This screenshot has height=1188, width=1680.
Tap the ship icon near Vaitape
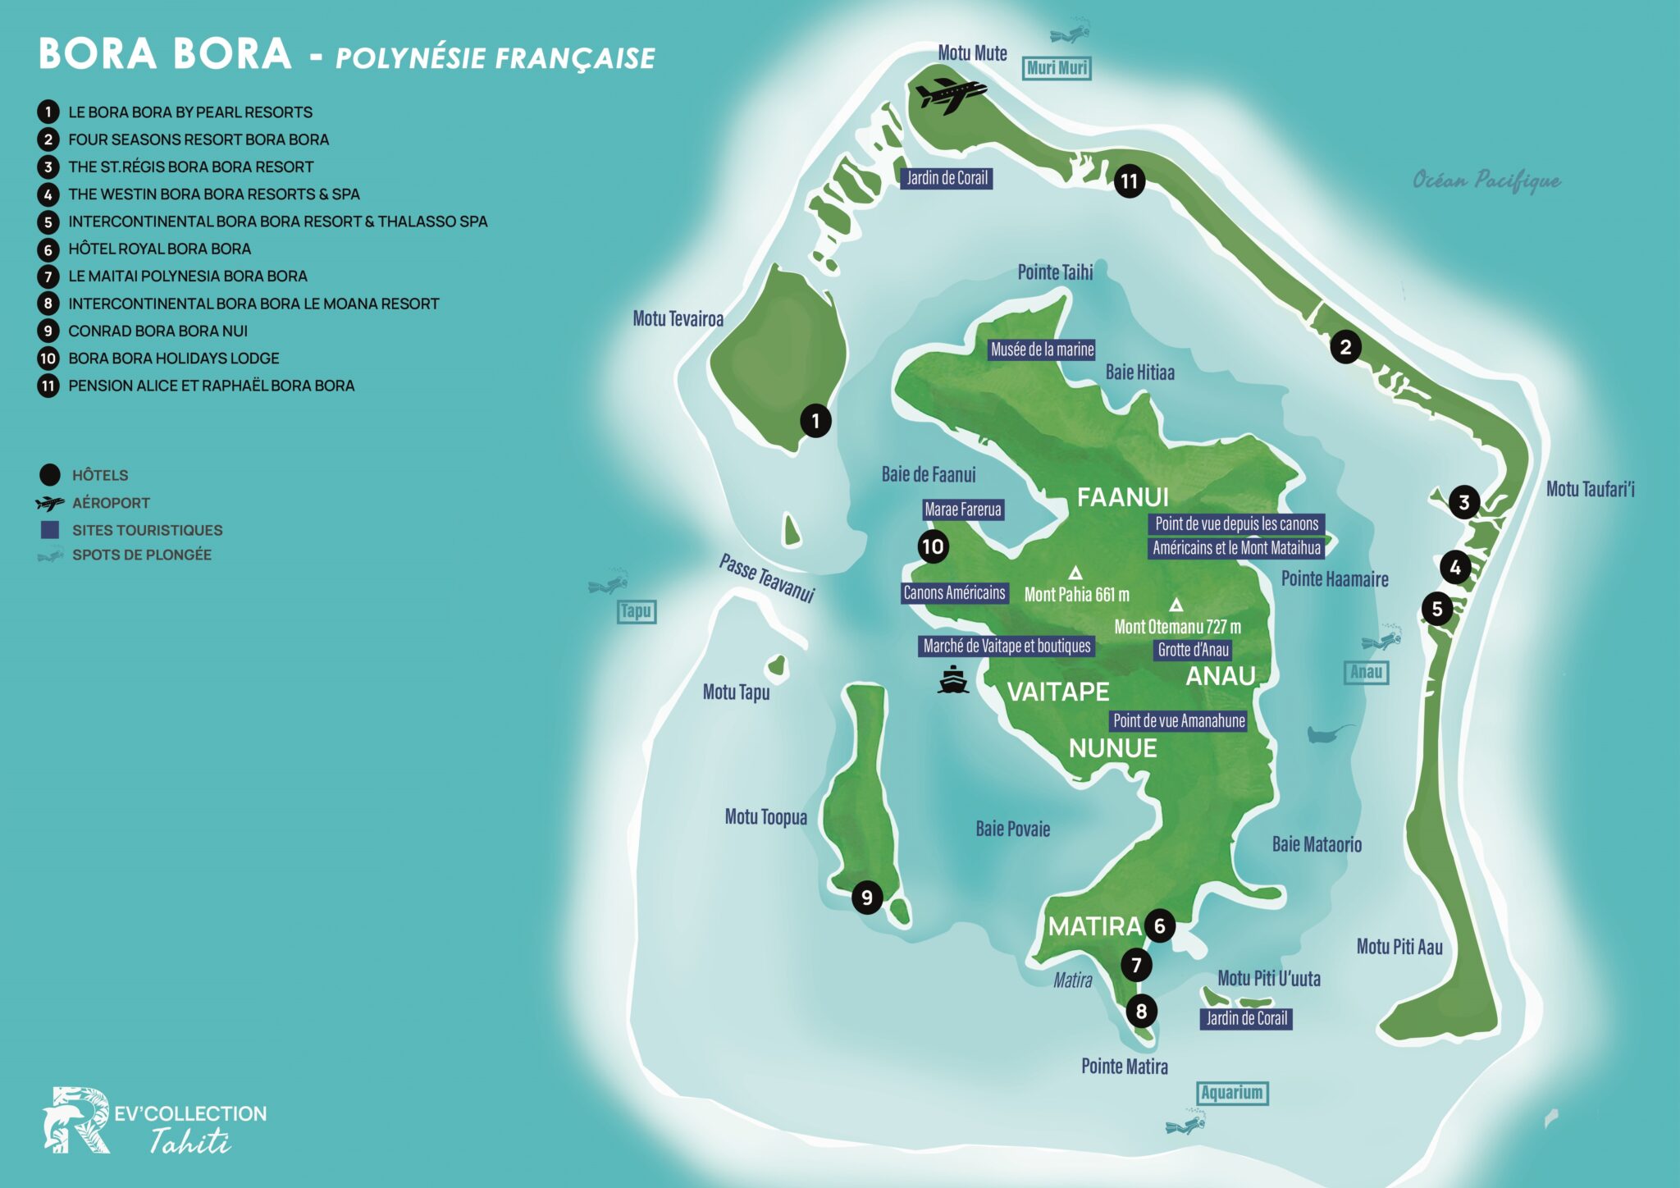point(952,680)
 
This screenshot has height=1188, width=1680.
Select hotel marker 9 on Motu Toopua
point(866,897)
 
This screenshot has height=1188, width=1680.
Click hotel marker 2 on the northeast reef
point(1345,347)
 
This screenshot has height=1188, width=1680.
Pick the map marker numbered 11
point(1130,180)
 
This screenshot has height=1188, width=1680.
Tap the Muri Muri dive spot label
point(1057,68)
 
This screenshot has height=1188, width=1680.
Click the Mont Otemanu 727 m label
point(1177,627)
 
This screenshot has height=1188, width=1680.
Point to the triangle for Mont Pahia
point(1075,573)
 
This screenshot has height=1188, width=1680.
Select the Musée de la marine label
point(1042,350)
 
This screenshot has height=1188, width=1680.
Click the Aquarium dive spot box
point(1231,1093)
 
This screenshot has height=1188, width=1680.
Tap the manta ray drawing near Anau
point(1329,733)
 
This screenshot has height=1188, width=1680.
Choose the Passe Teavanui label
point(767,578)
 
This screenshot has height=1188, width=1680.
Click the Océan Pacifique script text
point(1486,180)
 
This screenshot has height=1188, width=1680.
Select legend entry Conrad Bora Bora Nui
point(157,331)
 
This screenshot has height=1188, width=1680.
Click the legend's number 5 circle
point(48,222)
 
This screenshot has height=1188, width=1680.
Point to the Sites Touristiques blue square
point(50,530)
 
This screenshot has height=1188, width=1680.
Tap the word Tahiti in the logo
point(189,1141)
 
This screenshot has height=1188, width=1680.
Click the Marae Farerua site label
point(963,509)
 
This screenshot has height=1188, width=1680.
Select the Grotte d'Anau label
point(1193,650)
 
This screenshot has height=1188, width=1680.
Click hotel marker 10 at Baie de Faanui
point(933,546)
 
